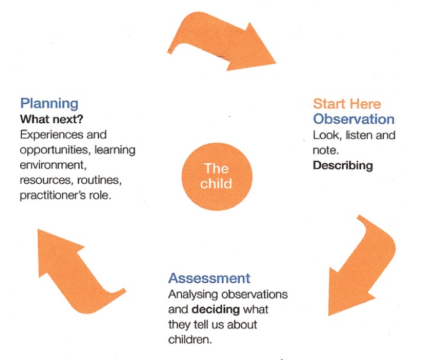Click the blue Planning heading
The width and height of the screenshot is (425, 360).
tap(49, 103)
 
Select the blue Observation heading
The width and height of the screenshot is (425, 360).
tap(354, 119)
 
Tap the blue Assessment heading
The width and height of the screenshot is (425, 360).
tap(209, 278)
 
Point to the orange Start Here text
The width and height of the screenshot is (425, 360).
tap(346, 104)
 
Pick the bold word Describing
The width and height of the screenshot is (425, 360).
tap(342, 165)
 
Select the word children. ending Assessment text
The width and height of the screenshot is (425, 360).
tap(189, 339)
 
